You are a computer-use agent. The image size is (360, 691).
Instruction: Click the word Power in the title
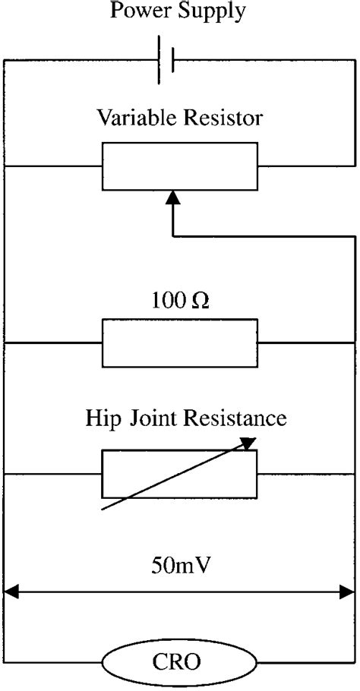[x=138, y=11]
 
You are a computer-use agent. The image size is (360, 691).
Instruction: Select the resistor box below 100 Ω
[x=179, y=343]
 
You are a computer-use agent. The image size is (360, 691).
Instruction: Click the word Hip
[x=99, y=418]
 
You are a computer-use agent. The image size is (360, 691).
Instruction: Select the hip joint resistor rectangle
[x=179, y=473]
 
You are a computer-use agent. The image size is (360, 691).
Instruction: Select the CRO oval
[x=179, y=663]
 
